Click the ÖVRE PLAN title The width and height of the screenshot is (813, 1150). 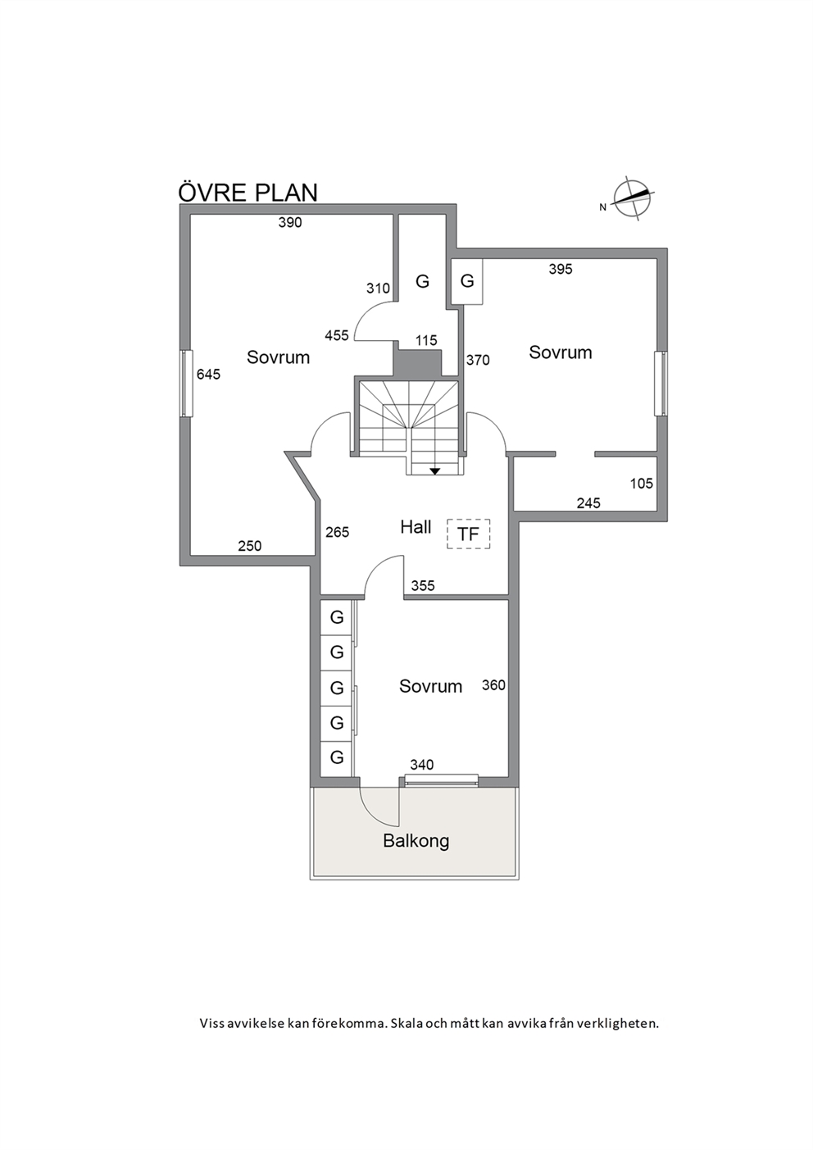[248, 192]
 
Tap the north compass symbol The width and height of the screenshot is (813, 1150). [634, 198]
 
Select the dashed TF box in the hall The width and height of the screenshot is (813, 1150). [468, 534]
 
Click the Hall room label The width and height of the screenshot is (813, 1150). [416, 527]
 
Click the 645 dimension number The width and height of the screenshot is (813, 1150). [208, 375]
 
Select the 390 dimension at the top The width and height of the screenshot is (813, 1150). [290, 222]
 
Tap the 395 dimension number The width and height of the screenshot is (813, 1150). [561, 269]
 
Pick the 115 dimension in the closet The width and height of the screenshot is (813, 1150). [426, 340]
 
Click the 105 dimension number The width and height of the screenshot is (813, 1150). [642, 483]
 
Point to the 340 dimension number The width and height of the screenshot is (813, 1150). [422, 765]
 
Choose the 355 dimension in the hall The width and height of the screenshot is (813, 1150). [423, 585]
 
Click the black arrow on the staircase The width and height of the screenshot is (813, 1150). [434, 470]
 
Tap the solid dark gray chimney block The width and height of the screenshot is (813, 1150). [417, 362]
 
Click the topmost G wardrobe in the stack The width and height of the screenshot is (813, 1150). [337, 617]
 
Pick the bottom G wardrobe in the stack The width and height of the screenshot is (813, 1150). [337, 757]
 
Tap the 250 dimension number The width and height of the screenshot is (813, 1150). [250, 546]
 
